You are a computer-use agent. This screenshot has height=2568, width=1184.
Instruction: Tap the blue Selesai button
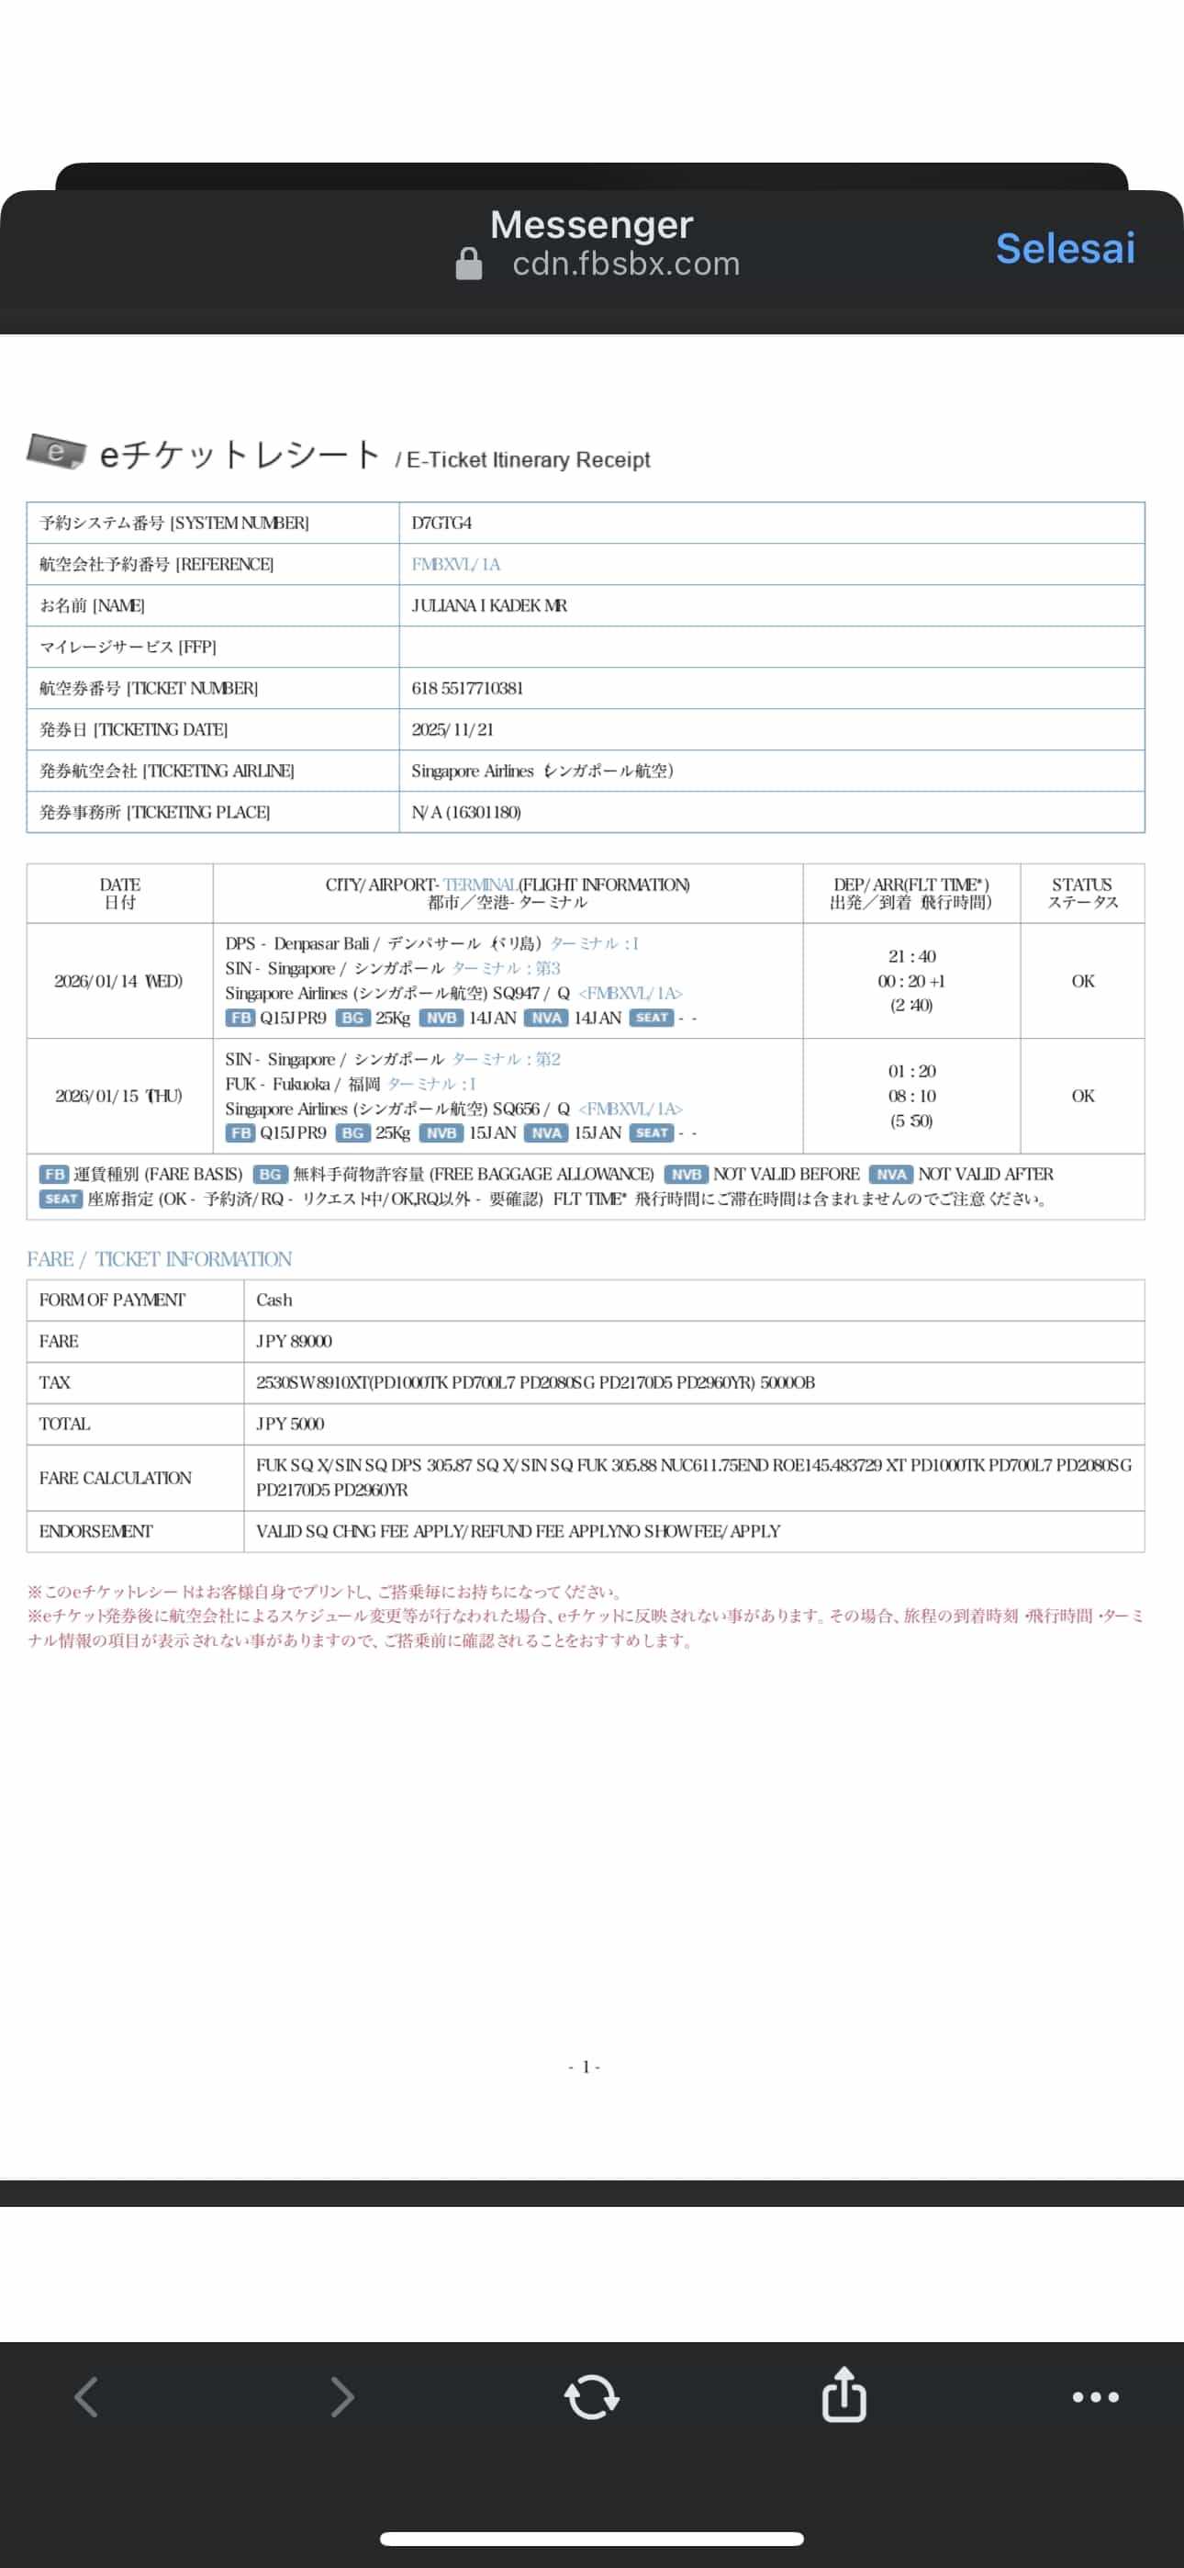(x=1065, y=248)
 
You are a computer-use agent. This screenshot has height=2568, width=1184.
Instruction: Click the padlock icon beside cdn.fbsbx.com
(x=468, y=265)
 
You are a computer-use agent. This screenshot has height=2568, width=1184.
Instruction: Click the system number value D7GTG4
(x=441, y=524)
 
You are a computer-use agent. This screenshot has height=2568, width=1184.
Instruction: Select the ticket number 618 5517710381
(x=467, y=689)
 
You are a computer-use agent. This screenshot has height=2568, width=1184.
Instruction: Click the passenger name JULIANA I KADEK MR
(x=489, y=606)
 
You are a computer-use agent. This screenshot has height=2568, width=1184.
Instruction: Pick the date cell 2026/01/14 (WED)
(x=118, y=981)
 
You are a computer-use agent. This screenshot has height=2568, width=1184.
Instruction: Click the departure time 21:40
(x=912, y=956)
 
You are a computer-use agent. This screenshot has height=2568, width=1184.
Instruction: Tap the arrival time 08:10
(x=912, y=1096)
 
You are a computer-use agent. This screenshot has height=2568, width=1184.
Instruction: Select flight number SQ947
(x=515, y=993)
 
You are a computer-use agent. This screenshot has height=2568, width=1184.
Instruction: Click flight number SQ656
(x=515, y=1109)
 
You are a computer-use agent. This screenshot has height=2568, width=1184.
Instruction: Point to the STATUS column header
(x=1082, y=892)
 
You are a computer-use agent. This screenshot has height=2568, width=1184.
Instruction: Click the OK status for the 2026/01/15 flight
(x=1082, y=1096)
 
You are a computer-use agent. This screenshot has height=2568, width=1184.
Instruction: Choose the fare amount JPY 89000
(x=294, y=1342)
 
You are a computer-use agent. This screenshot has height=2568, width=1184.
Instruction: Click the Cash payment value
(x=274, y=1300)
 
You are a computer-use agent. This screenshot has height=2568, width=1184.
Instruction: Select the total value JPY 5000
(x=290, y=1425)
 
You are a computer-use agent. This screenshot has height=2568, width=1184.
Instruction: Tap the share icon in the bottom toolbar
(x=843, y=2394)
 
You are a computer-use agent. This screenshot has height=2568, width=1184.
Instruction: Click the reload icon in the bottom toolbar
(x=592, y=2396)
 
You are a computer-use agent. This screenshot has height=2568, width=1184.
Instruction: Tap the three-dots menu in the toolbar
(x=1095, y=2396)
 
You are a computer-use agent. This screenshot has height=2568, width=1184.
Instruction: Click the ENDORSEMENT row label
(x=95, y=1531)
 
